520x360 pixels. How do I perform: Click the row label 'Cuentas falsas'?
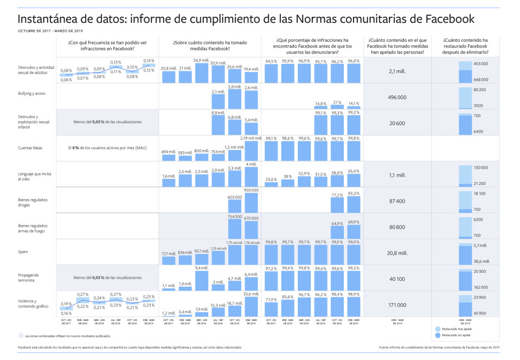pos(30,147)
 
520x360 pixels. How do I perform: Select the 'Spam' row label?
pos(23,252)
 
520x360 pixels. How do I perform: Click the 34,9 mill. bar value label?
pos(201,60)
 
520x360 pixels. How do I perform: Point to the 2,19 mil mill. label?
pos(251,139)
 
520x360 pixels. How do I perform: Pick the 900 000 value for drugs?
pos(251,190)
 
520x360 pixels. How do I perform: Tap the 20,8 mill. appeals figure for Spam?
pos(398,253)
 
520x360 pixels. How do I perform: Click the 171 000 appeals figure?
pos(398,305)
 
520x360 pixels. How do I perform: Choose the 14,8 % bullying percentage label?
pos(321,103)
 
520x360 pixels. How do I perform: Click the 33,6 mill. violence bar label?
pos(251,294)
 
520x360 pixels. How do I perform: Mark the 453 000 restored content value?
pos(481,64)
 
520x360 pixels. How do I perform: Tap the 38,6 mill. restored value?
pos(482,261)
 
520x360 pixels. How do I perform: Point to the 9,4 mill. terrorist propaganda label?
pos(201,268)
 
